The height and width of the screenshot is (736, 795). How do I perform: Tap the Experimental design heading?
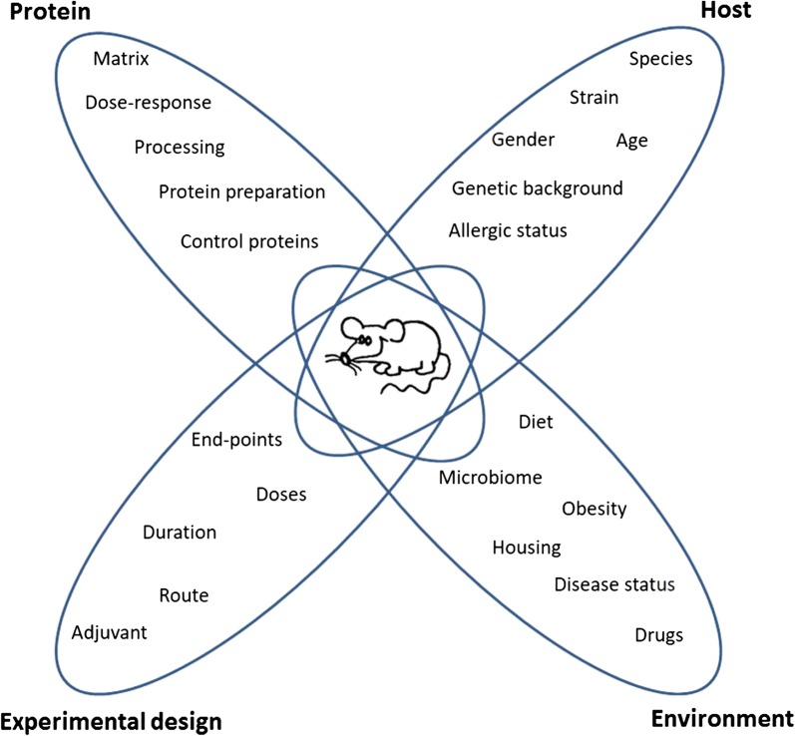(110, 720)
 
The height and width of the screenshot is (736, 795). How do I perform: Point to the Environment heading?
(721, 718)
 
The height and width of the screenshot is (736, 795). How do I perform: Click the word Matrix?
(121, 59)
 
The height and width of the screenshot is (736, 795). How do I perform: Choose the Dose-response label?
(149, 102)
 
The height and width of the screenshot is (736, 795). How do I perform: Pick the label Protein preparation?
(242, 190)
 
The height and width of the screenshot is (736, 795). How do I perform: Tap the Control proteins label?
(250, 240)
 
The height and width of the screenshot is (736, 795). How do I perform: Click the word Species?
(660, 59)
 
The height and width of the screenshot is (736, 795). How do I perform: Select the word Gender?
(523, 140)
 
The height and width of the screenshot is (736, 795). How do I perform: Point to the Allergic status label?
(508, 230)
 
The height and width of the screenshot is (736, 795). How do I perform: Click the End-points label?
(236, 439)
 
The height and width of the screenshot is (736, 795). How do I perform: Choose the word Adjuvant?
(110, 631)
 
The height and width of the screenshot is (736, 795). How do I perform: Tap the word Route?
(184, 595)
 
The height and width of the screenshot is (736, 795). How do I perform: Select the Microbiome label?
(491, 478)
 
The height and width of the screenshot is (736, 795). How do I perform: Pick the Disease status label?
(614, 583)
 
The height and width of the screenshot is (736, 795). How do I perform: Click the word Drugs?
(659, 634)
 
